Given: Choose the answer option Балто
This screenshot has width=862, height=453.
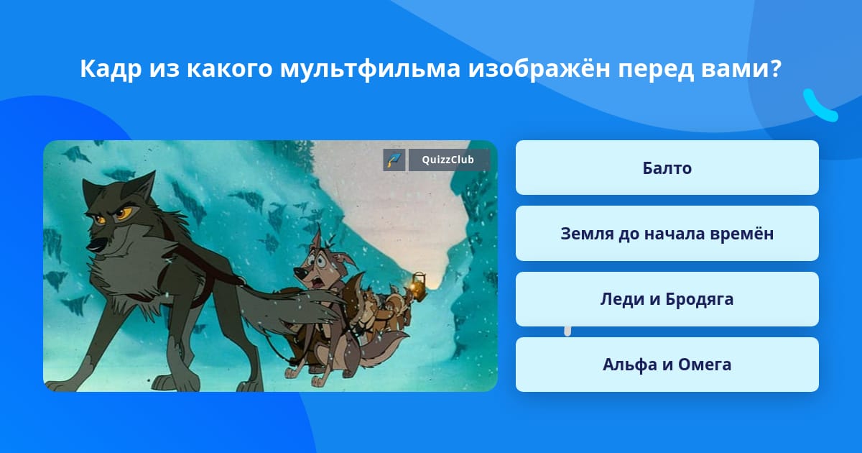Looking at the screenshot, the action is tap(667, 168).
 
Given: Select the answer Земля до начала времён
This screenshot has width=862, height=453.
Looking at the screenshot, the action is tap(667, 234).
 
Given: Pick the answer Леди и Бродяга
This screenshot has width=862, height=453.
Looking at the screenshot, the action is tap(667, 299).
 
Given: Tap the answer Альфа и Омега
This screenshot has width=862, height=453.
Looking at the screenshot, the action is tap(667, 365).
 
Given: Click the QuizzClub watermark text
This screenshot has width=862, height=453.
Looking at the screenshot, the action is tap(448, 160).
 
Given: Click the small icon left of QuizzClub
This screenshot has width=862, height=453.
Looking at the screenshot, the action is tap(394, 160).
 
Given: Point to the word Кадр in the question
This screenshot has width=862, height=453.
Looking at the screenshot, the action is tap(111, 69).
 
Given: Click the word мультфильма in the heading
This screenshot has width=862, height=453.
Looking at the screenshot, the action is tap(370, 69).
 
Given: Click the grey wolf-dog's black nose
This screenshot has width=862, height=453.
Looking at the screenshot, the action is tap(93, 246).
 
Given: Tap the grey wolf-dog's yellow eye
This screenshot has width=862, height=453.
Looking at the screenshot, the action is tap(124, 213).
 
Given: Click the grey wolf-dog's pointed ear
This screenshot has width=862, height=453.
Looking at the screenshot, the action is tap(143, 186).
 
